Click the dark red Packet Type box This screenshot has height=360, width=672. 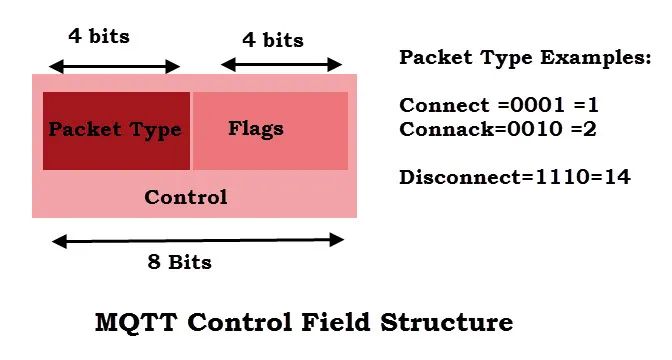tap(116, 131)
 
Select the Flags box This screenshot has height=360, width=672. tap(270, 131)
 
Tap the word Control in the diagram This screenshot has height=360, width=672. tap(186, 197)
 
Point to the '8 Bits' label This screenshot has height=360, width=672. tap(180, 262)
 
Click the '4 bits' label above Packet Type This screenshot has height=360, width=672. tap(99, 36)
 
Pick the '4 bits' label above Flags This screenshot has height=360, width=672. tap(273, 40)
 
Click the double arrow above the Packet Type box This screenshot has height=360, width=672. tap(114, 67)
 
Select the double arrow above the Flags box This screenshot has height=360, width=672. tap(281, 65)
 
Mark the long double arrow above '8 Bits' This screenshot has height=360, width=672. tap(198, 240)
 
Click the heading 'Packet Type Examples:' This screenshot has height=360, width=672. tap(525, 57)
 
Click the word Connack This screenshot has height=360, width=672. tap(447, 129)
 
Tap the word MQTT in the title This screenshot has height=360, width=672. tap(136, 322)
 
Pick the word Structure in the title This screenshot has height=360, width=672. tap(447, 322)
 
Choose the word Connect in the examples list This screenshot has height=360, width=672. tap(444, 105)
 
